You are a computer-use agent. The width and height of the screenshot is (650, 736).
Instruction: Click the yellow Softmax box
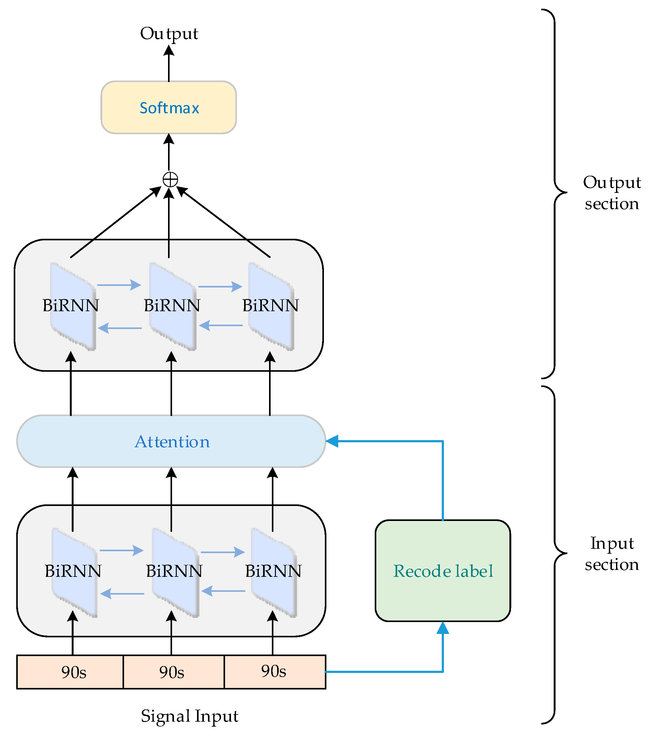point(168,107)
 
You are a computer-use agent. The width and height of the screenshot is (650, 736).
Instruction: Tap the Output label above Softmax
point(169,33)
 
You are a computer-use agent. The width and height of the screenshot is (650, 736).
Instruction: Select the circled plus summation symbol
point(170,179)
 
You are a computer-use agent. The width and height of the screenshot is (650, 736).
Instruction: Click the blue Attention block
point(171,441)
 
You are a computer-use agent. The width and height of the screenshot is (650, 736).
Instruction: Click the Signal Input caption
point(189,716)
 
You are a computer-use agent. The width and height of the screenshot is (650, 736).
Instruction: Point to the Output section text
point(612,193)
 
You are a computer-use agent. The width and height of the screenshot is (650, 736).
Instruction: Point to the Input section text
point(612,553)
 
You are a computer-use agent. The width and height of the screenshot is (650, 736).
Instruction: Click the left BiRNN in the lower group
point(73,572)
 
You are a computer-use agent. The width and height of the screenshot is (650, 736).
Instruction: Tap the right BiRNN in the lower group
point(273,572)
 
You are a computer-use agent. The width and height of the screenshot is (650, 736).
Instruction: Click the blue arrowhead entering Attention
point(332,441)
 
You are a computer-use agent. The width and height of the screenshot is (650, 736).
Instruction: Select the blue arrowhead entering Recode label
point(442,628)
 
